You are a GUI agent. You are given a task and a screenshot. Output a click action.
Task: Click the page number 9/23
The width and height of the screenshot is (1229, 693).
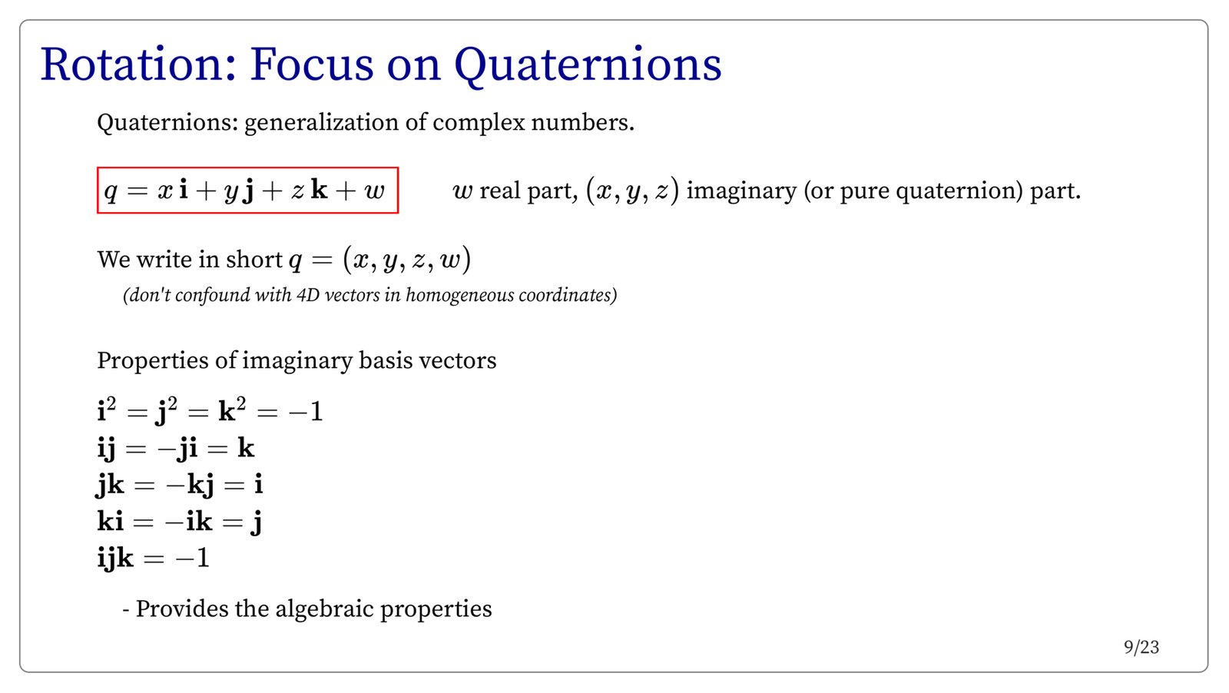[1141, 648]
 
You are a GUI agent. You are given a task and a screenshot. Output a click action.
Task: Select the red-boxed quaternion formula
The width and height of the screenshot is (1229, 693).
[247, 191]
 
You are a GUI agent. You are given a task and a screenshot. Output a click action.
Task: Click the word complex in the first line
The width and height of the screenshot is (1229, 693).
[479, 122]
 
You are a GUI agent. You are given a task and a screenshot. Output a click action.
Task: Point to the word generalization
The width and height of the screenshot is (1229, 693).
[321, 122]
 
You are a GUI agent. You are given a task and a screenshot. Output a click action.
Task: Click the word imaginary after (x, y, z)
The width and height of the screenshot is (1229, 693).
[741, 191]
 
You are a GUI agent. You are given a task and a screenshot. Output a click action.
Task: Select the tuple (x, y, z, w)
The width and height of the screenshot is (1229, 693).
[406, 259]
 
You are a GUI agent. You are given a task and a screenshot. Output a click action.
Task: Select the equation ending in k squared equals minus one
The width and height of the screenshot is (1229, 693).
[210, 410]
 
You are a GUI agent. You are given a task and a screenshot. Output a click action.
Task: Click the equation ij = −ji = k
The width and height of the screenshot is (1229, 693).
[176, 449]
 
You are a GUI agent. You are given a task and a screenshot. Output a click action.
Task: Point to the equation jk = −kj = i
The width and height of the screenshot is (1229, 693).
[180, 485]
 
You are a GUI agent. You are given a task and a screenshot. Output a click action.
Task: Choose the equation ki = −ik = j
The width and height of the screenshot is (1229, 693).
[180, 521]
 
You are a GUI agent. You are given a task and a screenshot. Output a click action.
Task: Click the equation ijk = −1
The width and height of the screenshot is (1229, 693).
[153, 559]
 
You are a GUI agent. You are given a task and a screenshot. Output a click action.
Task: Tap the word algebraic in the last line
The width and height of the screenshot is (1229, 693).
[323, 609]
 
